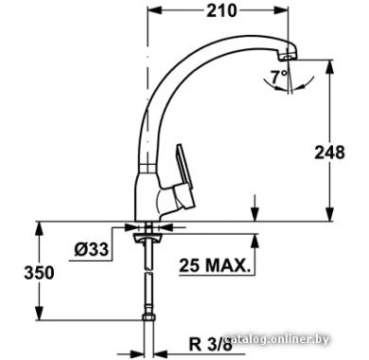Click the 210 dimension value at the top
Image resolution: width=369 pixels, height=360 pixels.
pyautogui.click(x=221, y=10)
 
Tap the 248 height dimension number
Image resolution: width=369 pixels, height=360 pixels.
pyautogui.click(x=329, y=153)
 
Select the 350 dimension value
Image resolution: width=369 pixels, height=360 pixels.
pyautogui.click(x=39, y=272)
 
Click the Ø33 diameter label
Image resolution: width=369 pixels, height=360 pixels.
pyautogui.click(x=92, y=249)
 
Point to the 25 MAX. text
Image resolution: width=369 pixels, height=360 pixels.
pyautogui.click(x=214, y=265)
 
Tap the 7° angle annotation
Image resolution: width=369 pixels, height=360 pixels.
pyautogui.click(x=280, y=77)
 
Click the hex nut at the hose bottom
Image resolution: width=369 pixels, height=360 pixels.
pyautogui.click(x=149, y=316)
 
